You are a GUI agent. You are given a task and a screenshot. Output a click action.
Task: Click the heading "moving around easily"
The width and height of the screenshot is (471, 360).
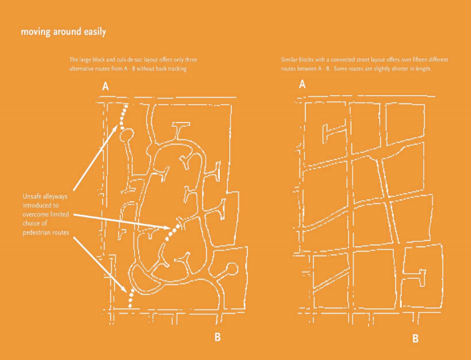pos(63,32)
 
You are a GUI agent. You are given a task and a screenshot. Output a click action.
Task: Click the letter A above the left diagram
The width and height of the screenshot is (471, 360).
pos(105,86)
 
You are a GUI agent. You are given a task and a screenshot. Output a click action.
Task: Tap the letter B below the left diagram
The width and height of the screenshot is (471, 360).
pos(217,337)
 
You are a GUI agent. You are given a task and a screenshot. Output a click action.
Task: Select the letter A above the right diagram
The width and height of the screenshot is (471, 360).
pos(302,84)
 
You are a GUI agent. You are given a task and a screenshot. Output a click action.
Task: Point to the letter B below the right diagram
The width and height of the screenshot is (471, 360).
pos(415,339)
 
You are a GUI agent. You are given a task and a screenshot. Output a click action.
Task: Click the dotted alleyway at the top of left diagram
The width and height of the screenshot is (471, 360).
pos(124,117)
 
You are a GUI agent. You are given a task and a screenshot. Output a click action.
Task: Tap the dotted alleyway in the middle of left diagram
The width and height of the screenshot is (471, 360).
pos(174,232)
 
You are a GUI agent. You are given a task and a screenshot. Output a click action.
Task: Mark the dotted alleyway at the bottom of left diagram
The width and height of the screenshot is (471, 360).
pos(131,299)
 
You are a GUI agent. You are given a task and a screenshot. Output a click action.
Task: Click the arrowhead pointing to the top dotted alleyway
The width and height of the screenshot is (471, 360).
pos(116,129)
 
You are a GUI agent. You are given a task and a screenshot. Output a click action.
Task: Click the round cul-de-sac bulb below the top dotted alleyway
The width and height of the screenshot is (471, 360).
pos(126,135)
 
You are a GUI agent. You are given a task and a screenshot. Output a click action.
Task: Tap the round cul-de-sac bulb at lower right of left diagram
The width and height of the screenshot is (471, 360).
pos(232,269)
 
